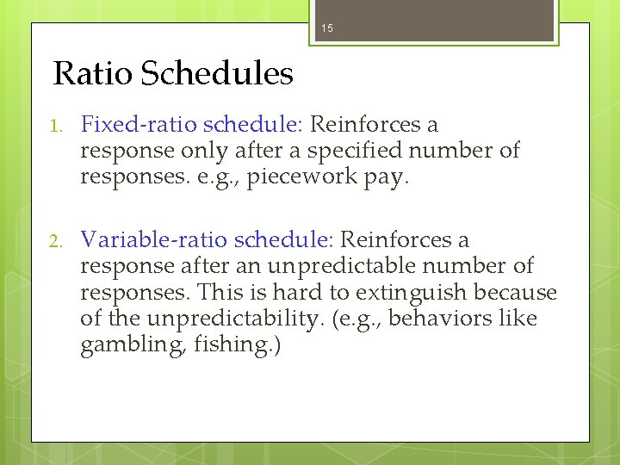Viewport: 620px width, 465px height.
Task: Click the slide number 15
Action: tap(326, 29)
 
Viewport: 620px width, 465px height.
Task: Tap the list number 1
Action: tap(57, 126)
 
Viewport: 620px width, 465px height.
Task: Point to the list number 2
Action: tap(57, 241)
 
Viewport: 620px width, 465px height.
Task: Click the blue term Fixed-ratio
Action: tap(133, 125)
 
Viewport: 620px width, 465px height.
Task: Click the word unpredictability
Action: tap(222, 319)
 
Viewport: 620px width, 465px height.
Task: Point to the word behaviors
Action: tap(461, 319)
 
